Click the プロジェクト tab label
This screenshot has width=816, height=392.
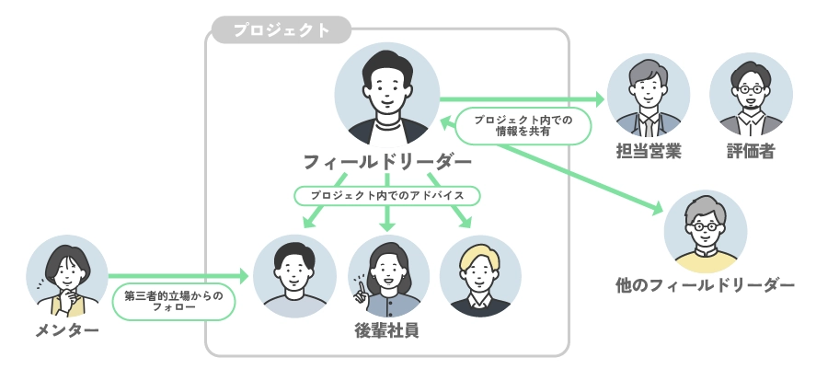coord(281,30)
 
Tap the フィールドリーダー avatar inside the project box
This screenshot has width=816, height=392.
coord(387,95)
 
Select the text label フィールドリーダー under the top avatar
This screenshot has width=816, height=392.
coord(387,163)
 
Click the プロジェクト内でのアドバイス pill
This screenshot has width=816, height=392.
coord(387,196)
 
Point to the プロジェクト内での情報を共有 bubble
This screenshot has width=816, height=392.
coord(523,125)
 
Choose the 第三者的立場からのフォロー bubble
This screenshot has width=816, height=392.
coord(174,301)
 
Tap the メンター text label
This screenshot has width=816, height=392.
coord(66,330)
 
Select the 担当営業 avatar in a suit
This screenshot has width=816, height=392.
coord(648,95)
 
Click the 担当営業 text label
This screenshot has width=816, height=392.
coord(648,152)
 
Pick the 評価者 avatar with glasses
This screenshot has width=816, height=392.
coord(751,95)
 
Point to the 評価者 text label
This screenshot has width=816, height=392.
coord(751,152)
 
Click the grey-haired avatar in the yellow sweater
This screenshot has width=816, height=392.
coord(706,234)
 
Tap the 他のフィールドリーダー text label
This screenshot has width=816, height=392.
coord(705,286)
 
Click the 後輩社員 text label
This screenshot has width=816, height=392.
coord(387,329)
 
